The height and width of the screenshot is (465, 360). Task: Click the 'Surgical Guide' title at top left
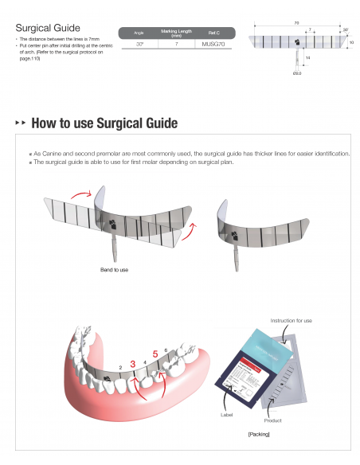(47, 27)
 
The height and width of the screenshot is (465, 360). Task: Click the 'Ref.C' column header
(213, 33)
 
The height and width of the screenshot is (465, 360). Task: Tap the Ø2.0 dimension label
(296, 72)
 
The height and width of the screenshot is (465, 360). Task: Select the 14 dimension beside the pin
(307, 58)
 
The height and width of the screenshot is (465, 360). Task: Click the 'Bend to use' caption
(115, 270)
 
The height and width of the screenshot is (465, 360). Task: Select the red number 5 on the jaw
(155, 354)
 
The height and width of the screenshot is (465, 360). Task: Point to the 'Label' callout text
(225, 415)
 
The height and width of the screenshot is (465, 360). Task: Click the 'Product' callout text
(272, 420)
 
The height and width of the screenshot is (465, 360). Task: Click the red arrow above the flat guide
(83, 193)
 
